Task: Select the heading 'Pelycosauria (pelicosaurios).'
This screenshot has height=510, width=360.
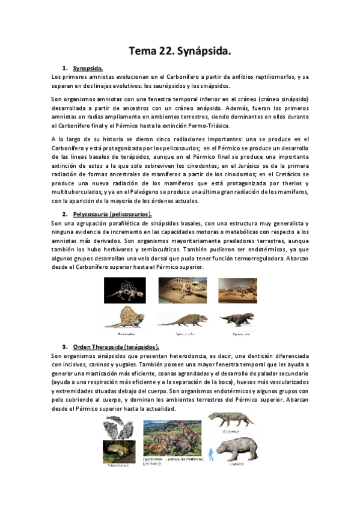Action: [112, 214]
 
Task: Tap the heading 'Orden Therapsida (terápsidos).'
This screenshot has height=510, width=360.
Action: [115, 347]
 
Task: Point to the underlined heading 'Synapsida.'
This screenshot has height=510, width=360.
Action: [88, 69]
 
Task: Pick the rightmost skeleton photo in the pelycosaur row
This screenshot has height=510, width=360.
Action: [237, 289]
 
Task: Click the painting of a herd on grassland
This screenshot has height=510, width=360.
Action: [172, 439]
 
